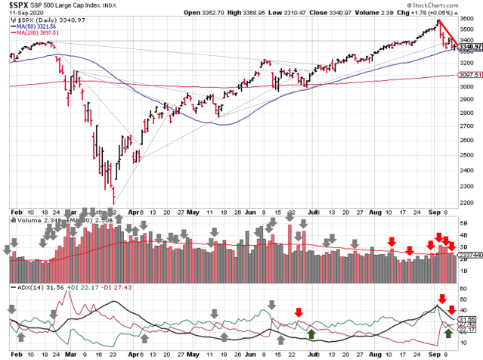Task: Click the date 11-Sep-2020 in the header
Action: click(x=23, y=14)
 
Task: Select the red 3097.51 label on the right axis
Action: click(x=469, y=74)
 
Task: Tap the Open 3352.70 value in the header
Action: click(x=253, y=13)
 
